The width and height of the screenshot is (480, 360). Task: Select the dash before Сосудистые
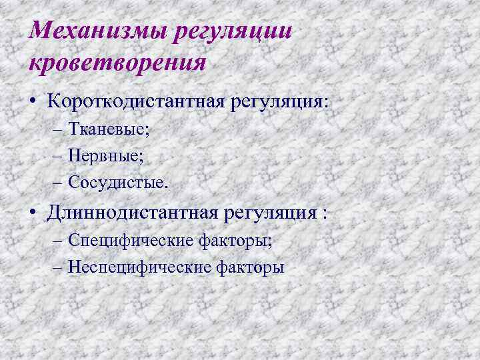click(x=55, y=182)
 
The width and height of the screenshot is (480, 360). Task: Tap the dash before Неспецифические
click(x=55, y=267)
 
